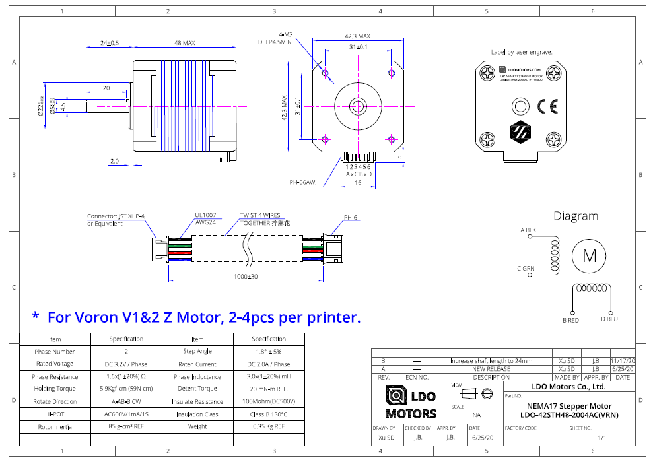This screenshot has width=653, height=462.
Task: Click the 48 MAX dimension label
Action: (x=184, y=43)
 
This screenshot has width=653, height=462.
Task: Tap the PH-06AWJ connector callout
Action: (x=303, y=183)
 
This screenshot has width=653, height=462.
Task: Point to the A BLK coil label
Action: (x=528, y=230)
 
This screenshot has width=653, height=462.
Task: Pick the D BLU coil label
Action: (x=609, y=319)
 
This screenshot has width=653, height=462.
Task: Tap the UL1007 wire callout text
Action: (x=206, y=215)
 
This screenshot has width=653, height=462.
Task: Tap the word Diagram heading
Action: (x=576, y=216)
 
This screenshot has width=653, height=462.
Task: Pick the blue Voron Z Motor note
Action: (x=196, y=317)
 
